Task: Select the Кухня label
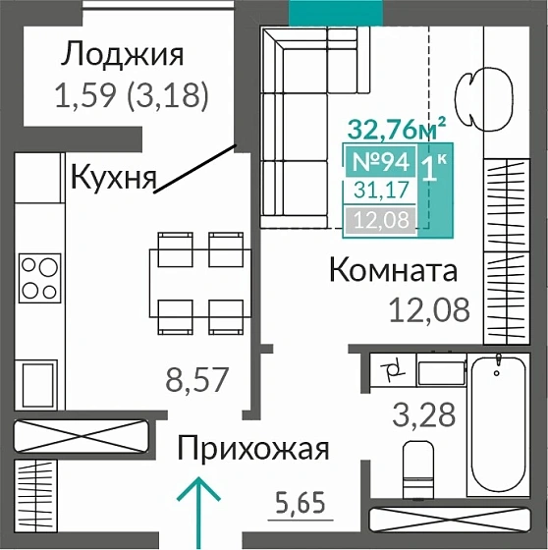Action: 114,178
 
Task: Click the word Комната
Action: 394,269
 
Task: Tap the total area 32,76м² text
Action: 397,128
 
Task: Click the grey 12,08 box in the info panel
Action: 376,218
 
